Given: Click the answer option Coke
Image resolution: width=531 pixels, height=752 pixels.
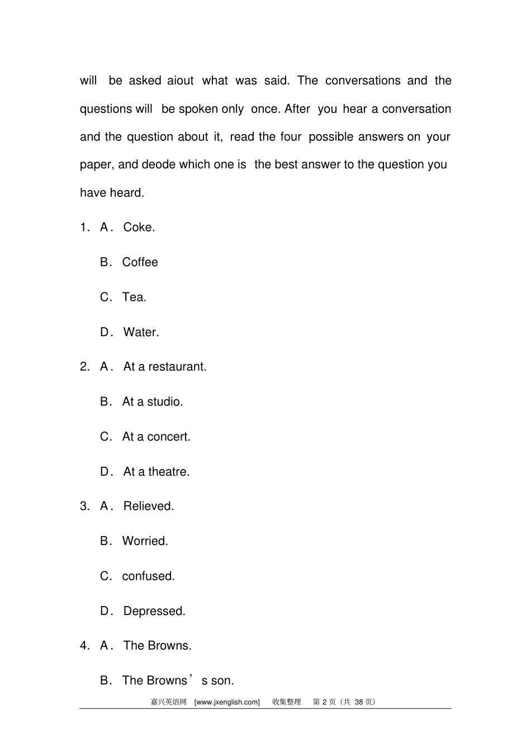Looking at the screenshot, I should [139, 227].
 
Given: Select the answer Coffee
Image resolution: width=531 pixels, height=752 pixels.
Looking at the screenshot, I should [140, 262].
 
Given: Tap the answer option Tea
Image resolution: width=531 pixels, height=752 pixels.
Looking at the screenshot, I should [134, 297].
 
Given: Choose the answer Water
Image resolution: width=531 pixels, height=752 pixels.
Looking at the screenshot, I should [141, 332].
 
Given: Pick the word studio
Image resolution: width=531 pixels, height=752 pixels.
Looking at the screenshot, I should [165, 402].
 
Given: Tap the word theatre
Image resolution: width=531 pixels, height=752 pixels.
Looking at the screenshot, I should [169, 472].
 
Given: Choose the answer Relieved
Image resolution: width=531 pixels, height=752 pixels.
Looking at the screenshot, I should [148, 507].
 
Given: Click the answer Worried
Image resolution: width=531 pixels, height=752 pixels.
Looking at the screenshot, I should [145, 541].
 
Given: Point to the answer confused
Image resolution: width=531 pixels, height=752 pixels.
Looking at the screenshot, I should [148, 576].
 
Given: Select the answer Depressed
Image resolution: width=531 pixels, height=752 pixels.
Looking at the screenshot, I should [154, 611].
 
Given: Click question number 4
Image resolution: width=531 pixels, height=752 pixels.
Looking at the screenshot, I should [84, 646].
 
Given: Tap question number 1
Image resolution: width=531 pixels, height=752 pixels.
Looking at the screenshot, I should [84, 227].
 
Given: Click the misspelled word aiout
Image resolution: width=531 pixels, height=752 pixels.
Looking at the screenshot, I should [181, 81].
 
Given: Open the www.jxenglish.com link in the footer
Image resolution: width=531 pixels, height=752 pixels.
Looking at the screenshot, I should [227, 702].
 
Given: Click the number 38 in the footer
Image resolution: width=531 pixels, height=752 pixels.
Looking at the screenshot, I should [359, 702].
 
